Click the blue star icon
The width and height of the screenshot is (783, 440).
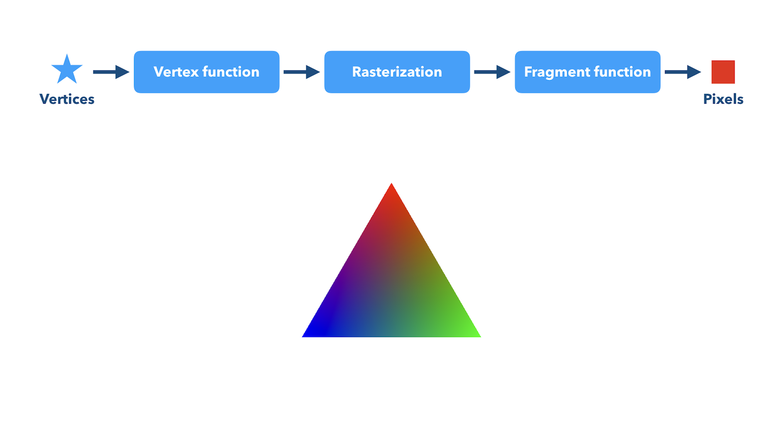(x=67, y=70)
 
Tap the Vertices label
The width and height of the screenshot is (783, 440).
(x=67, y=99)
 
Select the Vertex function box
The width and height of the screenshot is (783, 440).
(x=207, y=72)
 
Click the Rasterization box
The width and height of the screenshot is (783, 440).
(x=397, y=72)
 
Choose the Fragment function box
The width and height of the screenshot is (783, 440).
(x=588, y=72)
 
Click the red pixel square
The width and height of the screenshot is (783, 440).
(x=723, y=72)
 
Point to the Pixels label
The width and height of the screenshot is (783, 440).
(x=723, y=99)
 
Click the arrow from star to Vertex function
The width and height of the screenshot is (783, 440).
(x=111, y=72)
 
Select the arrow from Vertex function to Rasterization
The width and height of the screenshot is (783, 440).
(x=301, y=72)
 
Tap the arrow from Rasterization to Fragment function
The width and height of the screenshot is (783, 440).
(x=492, y=72)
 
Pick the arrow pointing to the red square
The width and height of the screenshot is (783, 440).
(x=683, y=72)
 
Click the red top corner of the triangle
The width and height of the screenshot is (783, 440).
(x=391, y=184)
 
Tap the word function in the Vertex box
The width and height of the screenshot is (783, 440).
(x=231, y=72)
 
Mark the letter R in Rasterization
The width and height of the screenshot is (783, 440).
(x=357, y=72)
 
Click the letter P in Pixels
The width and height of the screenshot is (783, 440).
(x=707, y=99)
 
